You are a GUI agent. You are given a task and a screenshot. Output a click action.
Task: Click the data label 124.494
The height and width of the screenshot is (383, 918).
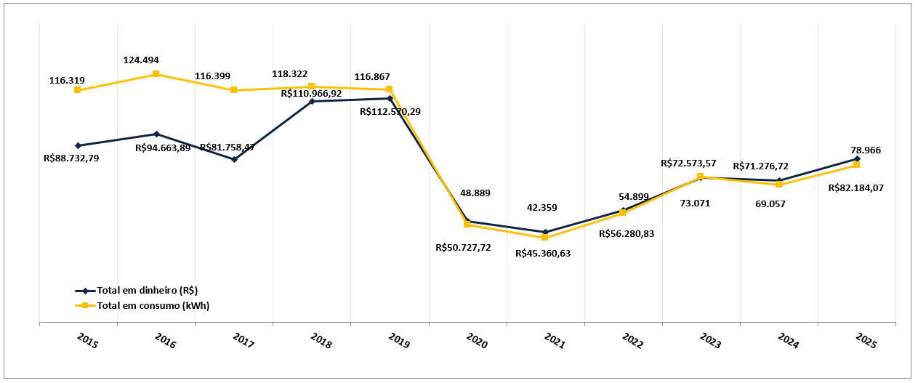[141, 60]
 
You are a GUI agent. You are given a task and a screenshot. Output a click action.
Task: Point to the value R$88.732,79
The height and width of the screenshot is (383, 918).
[71, 157]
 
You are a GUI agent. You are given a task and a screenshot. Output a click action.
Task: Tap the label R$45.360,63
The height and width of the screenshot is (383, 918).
[543, 254]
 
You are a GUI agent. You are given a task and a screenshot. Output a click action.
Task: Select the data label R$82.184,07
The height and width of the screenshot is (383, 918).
[855, 188]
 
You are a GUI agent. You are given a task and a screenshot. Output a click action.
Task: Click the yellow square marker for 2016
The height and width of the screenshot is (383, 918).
[156, 74]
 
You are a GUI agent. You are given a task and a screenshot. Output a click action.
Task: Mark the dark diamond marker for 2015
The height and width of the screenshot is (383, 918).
[78, 145]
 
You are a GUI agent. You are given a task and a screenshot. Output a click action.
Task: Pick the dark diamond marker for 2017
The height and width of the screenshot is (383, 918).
[234, 159]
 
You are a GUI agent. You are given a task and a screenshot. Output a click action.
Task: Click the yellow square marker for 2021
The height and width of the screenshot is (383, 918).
[545, 238]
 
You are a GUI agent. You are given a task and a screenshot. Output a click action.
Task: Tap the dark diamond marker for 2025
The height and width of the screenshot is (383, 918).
[857, 158]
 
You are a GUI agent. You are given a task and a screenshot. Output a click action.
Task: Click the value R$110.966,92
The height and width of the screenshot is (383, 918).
[311, 93]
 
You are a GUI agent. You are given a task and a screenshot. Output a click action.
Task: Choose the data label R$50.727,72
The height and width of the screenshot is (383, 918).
[463, 247]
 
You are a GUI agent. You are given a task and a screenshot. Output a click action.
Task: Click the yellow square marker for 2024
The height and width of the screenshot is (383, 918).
[778, 185]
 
